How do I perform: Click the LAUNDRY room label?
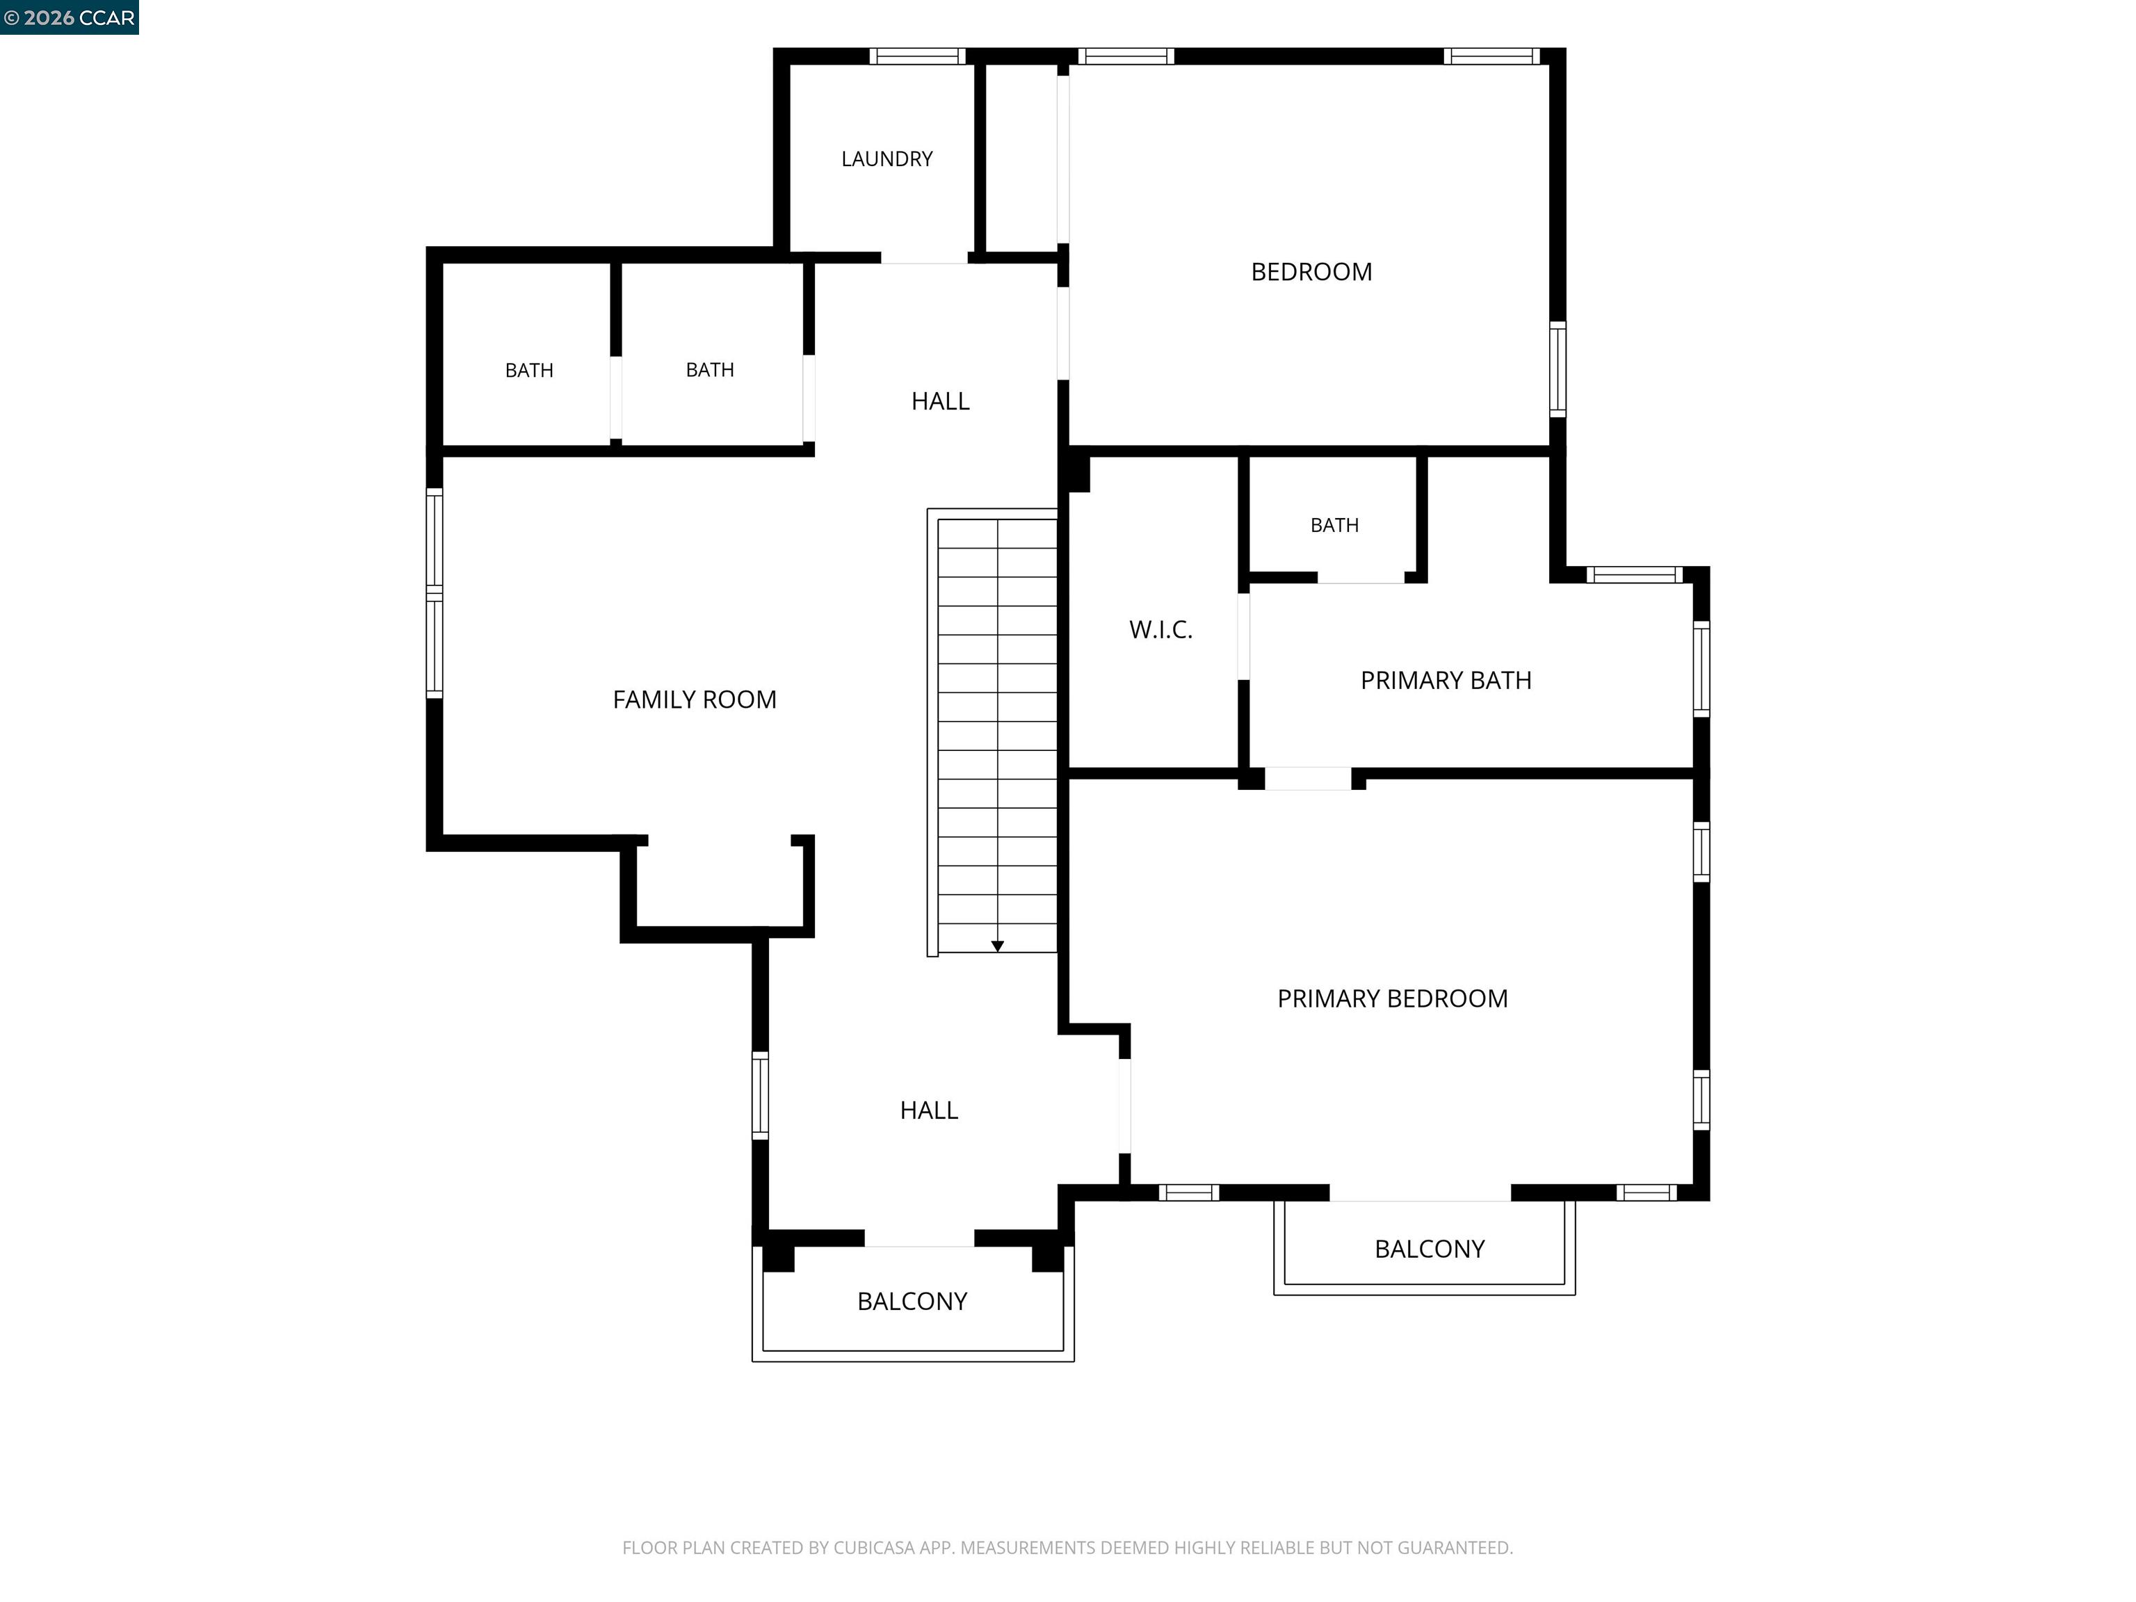tap(887, 159)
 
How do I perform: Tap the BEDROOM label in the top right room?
tap(1311, 271)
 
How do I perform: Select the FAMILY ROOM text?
tap(695, 699)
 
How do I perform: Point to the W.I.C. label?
tap(1160, 629)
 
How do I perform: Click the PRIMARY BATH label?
tap(1446, 680)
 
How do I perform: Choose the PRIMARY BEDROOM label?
tap(1393, 998)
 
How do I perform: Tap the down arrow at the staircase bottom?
tap(998, 946)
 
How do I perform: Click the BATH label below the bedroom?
tap(1334, 526)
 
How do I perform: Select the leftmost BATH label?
tap(529, 370)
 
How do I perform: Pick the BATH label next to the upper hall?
tap(710, 370)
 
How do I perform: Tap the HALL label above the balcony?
tap(929, 1110)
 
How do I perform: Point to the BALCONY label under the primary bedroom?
tap(1429, 1249)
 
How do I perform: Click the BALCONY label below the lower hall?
tap(912, 1301)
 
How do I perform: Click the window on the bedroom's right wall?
tap(1557, 369)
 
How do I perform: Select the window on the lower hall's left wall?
tap(760, 1095)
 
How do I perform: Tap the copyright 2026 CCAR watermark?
tap(70, 17)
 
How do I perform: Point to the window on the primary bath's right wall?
tap(1701, 668)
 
